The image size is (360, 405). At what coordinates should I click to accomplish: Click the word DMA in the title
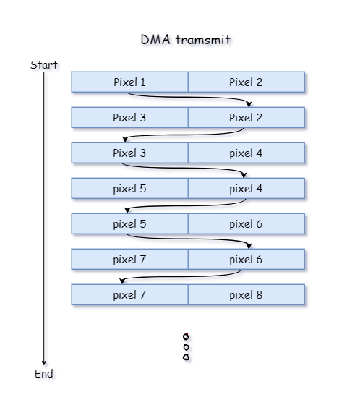pos(153,40)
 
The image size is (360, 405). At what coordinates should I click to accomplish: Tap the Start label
pos(43,65)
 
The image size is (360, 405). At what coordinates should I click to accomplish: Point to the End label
pos(44,374)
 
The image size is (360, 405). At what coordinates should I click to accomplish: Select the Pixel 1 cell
pos(129,82)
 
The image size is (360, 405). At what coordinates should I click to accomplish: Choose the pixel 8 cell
pos(246,294)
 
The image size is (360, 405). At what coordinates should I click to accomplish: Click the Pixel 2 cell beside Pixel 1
pos(246,82)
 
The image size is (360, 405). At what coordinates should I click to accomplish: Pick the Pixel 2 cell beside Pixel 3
pos(246,117)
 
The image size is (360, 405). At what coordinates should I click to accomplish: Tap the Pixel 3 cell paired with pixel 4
pos(129,153)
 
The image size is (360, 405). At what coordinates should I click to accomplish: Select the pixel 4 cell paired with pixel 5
pos(246,188)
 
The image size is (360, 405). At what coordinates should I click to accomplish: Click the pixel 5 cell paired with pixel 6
pos(129,223)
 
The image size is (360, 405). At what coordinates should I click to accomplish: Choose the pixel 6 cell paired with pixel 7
pos(246,259)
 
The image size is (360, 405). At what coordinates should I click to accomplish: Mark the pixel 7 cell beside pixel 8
pos(129,294)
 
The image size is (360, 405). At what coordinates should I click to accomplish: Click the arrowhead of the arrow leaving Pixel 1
pos(249,103)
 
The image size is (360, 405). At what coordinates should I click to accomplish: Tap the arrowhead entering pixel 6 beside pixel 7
pos(249,245)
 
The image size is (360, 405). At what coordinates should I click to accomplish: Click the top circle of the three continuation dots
pos(187,336)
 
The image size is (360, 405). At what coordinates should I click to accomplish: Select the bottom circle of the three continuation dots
pos(187,357)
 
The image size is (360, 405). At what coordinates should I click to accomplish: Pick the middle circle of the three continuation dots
pos(187,346)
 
